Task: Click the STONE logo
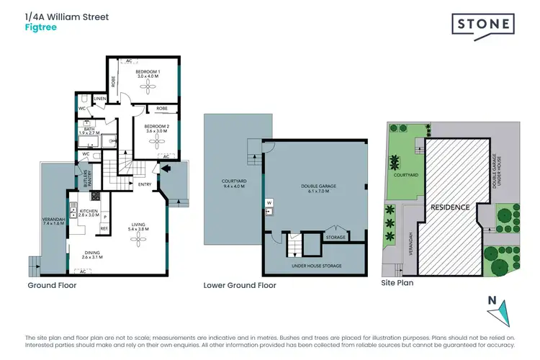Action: click(x=483, y=24)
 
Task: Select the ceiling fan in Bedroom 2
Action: click(x=158, y=141)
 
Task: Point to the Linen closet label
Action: click(x=100, y=98)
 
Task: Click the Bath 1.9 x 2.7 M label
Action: click(x=90, y=131)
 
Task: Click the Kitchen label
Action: click(x=88, y=212)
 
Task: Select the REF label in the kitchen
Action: click(x=104, y=228)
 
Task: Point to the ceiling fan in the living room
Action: click(x=136, y=241)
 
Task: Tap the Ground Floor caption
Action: click(x=52, y=285)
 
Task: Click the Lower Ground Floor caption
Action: click(x=240, y=285)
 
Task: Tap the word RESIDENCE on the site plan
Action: click(x=450, y=207)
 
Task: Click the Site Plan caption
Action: click(x=397, y=283)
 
